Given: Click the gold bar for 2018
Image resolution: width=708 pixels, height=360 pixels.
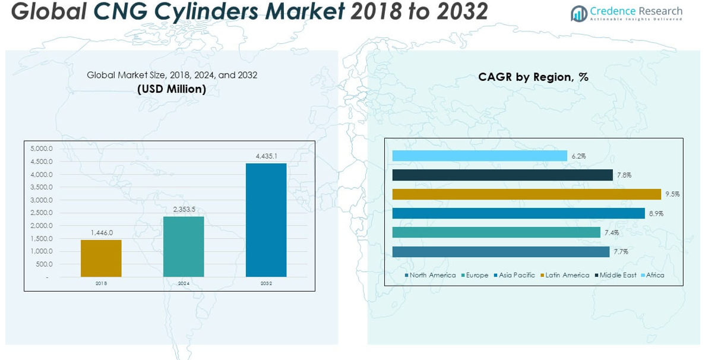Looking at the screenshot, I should (x=101, y=258).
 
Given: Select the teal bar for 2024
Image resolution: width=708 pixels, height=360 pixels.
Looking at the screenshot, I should (x=184, y=247).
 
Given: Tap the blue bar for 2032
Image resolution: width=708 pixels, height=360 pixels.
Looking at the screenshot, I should (x=266, y=220).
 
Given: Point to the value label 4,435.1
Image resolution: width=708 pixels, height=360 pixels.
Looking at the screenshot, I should (x=266, y=156).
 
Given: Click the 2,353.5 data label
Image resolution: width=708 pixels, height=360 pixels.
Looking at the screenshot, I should (x=184, y=209).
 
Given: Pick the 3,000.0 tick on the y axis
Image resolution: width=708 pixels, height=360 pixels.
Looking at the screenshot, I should (x=42, y=200).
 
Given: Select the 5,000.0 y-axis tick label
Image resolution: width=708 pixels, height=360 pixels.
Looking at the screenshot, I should (x=42, y=149).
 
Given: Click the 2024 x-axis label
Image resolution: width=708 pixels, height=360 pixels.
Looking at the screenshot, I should (x=184, y=284).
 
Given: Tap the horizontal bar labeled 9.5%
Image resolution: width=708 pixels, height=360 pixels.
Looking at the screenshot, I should (x=526, y=194).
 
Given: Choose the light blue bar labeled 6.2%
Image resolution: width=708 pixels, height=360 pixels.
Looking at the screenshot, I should (x=479, y=156).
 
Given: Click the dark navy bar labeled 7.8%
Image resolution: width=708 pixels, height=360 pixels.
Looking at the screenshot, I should (x=502, y=175).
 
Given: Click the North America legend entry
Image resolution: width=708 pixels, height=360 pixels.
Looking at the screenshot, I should (x=431, y=276).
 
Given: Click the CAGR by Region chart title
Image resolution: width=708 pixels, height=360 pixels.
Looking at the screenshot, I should (x=533, y=77).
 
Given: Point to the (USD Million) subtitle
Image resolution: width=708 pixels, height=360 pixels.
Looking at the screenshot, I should (x=172, y=89).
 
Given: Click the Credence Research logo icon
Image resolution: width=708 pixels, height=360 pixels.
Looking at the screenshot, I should (x=579, y=13).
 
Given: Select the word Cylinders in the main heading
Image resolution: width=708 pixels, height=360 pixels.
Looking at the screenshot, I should (x=225, y=11).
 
